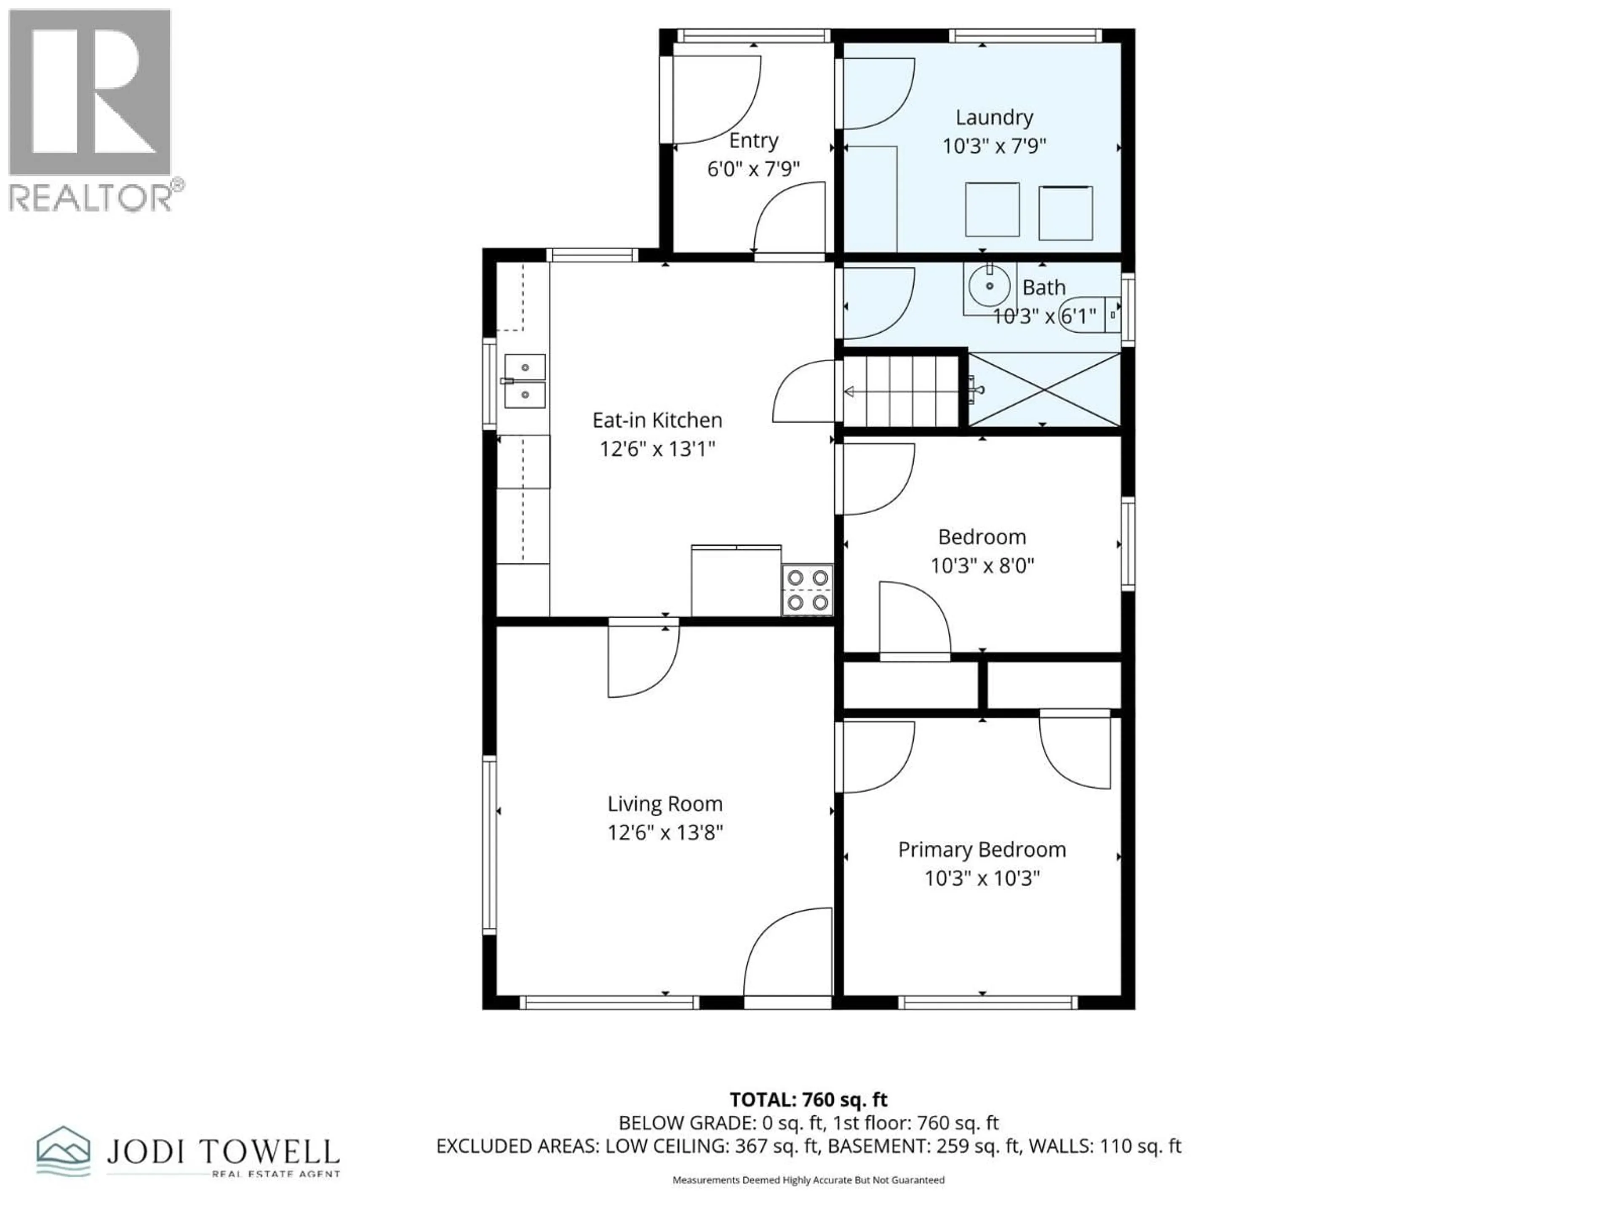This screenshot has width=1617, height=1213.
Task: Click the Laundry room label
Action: (994, 117)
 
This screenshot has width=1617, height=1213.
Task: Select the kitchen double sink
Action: (525, 381)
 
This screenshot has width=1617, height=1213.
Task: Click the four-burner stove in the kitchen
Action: (807, 589)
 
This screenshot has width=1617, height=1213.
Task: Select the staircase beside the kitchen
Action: (901, 391)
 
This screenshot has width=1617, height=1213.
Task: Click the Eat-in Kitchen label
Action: (657, 419)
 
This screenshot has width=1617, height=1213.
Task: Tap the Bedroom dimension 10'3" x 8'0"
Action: (982, 565)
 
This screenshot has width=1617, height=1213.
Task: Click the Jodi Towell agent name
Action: (223, 1152)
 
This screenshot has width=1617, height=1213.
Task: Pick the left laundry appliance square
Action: (992, 210)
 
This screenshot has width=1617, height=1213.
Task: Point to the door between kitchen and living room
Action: (643, 657)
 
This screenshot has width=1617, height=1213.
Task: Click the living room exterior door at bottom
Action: (788, 958)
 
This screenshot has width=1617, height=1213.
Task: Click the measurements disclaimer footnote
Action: (808, 1179)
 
